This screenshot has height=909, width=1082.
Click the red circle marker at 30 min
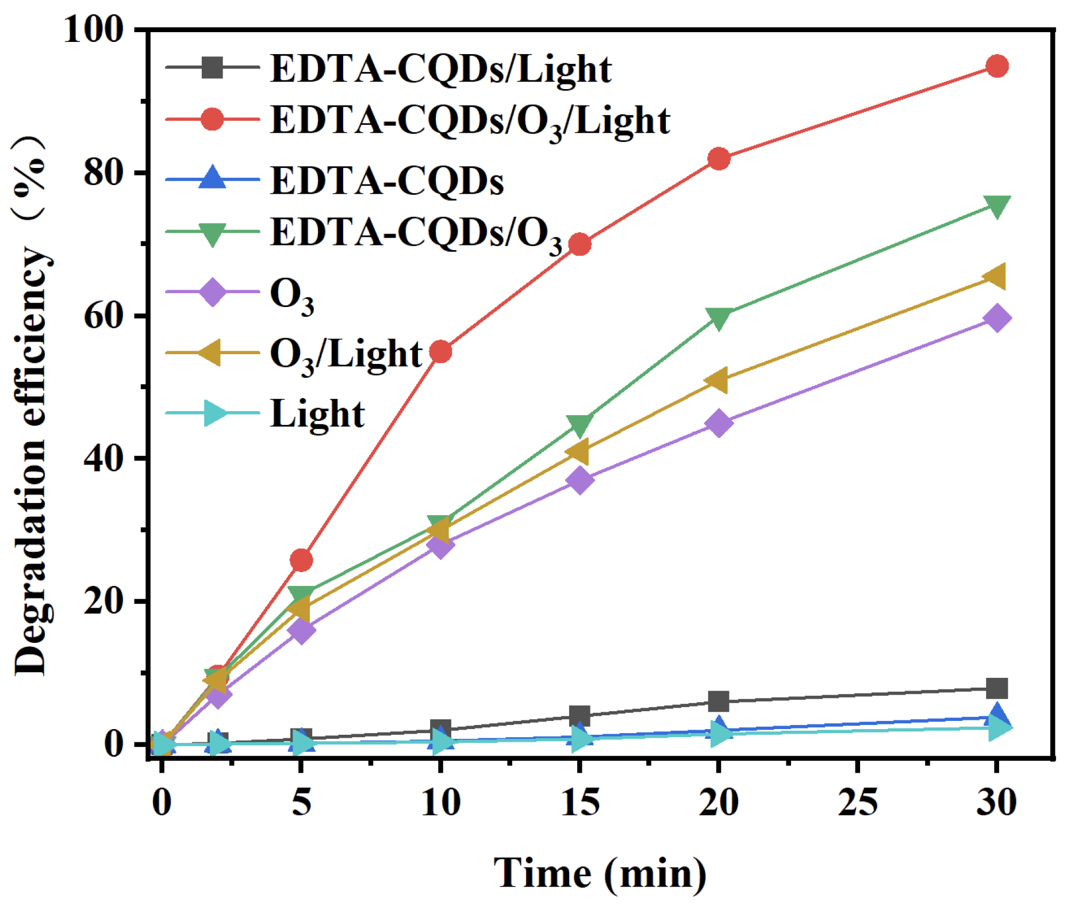[996, 66]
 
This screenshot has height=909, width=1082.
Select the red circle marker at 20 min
[719, 158]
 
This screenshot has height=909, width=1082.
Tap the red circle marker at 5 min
[301, 559]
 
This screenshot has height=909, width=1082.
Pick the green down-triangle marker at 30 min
[996, 206]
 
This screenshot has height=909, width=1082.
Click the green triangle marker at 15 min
[580, 424]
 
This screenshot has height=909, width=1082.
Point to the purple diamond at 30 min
[996, 318]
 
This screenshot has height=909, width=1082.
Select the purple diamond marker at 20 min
[719, 423]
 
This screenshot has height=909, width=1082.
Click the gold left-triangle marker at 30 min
[995, 277]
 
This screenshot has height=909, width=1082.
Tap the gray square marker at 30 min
[996, 688]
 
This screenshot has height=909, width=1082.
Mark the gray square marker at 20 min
[719, 701]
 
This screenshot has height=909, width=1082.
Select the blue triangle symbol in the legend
[212, 178]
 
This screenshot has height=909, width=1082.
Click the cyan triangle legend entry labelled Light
[317, 413]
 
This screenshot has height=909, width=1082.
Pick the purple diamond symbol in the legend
[212, 292]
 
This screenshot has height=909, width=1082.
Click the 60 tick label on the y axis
[103, 316]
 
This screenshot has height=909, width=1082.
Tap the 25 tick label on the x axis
[857, 801]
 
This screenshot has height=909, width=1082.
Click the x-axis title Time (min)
[600, 873]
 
